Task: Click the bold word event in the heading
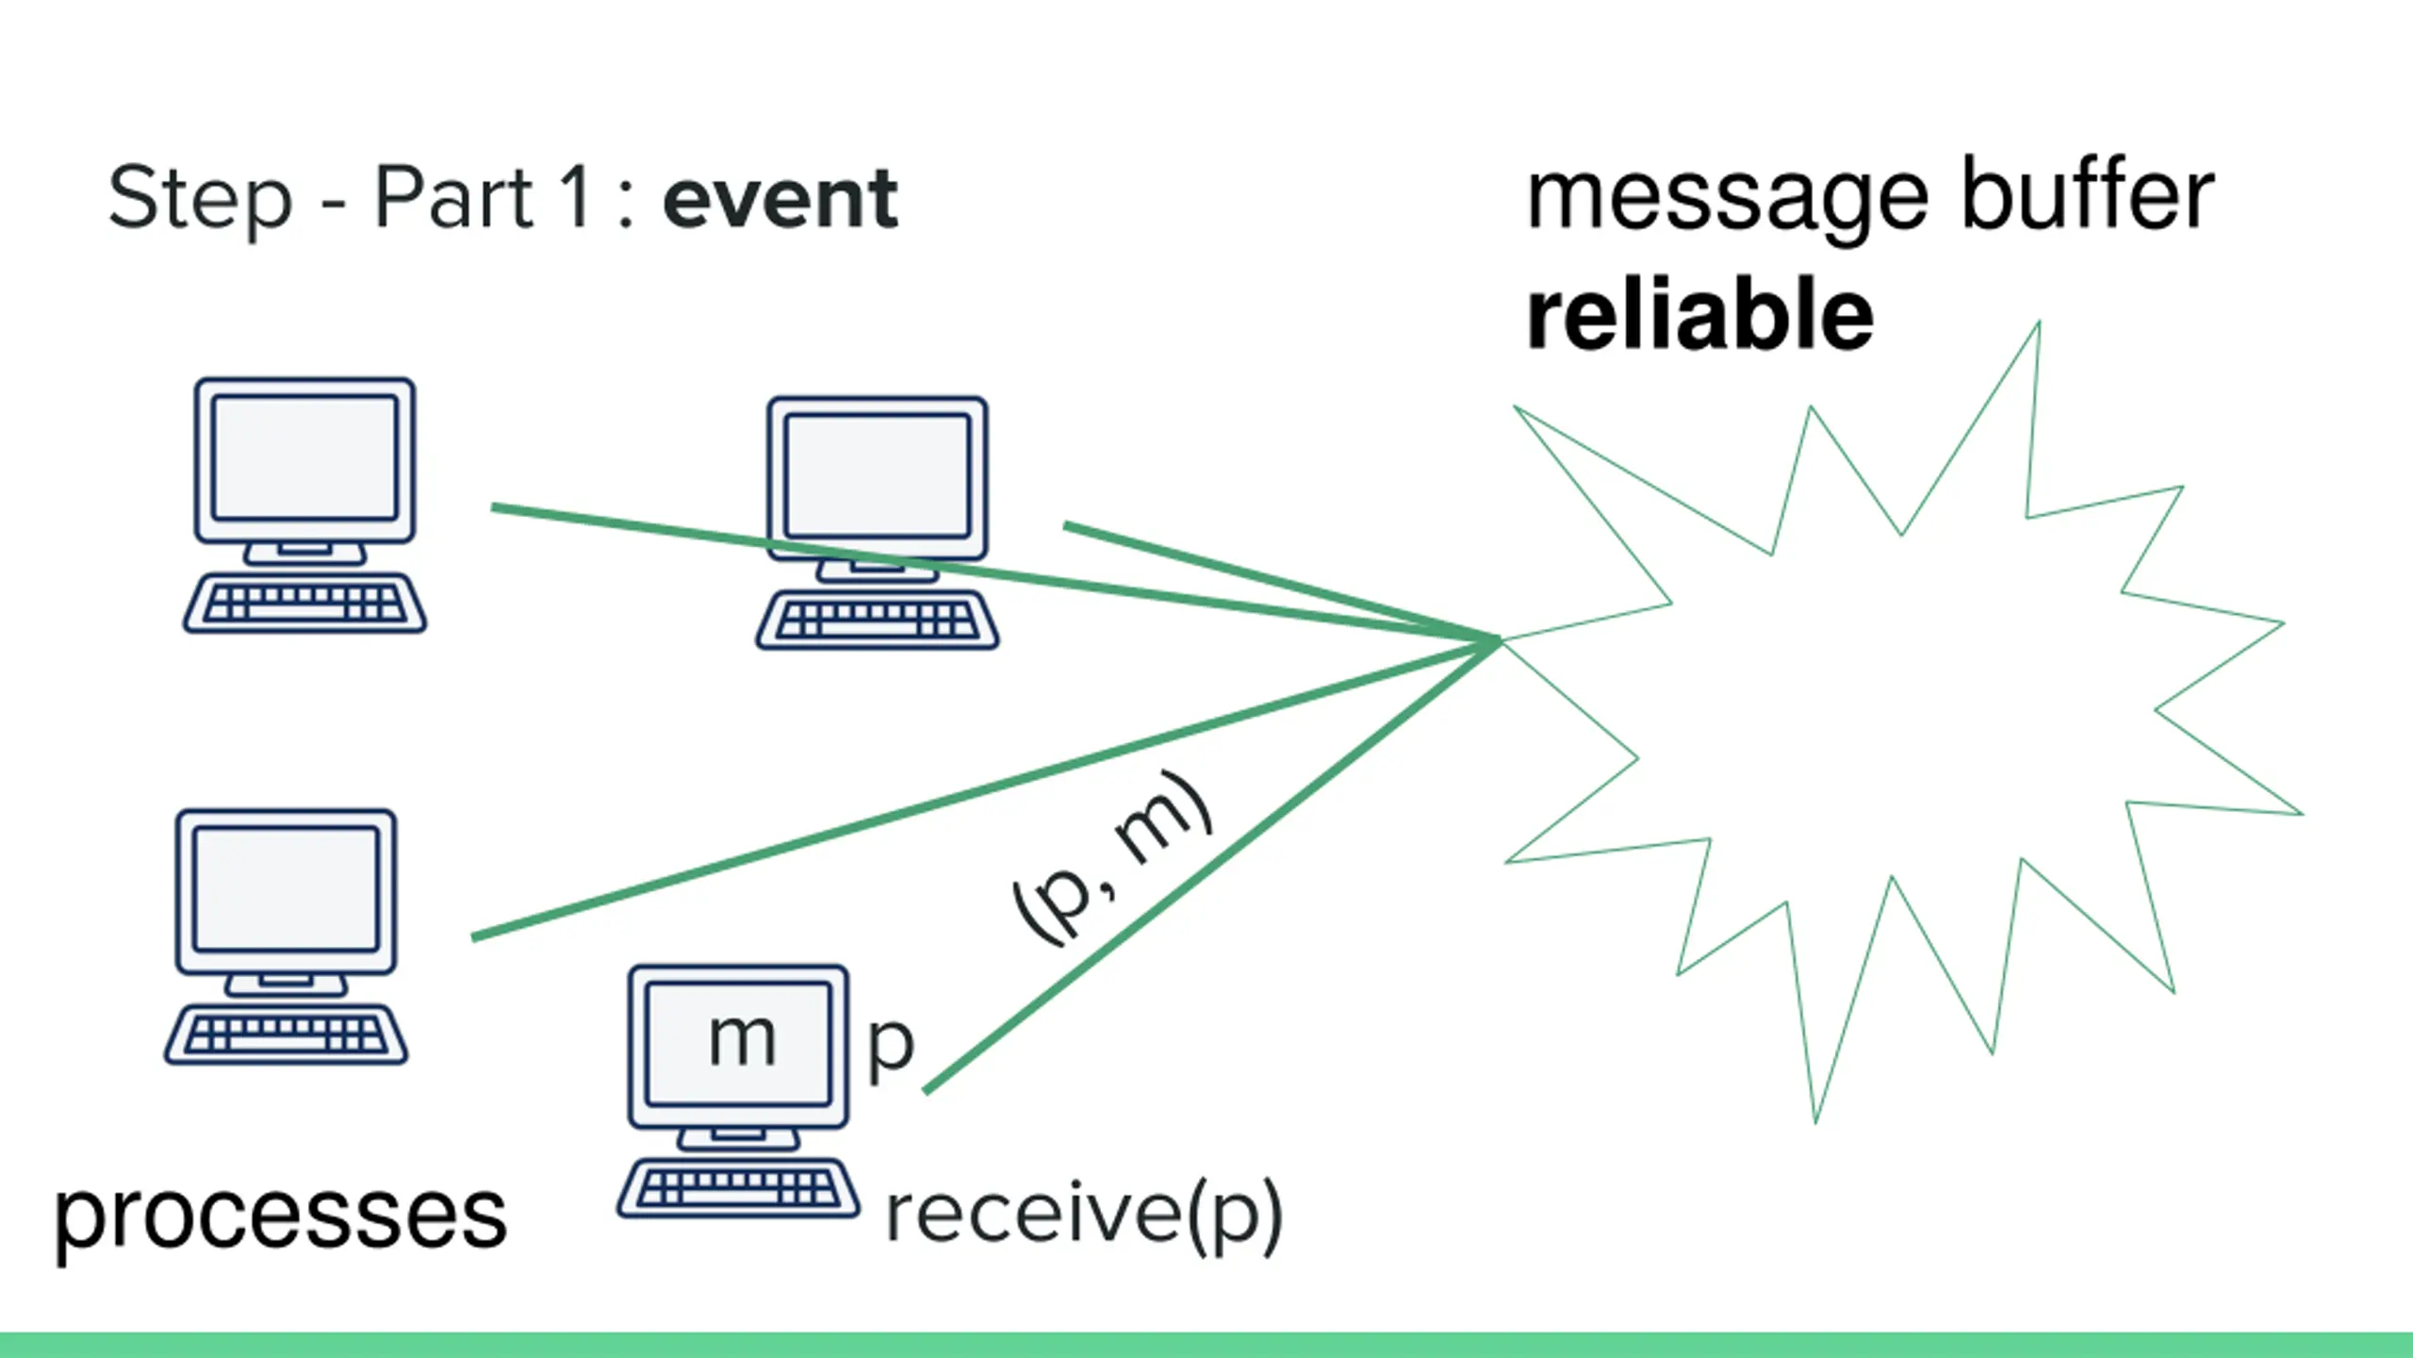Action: (780, 199)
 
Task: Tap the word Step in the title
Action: (201, 199)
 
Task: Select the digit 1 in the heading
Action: (574, 195)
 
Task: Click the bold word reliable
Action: (1699, 315)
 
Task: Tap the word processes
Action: (281, 1218)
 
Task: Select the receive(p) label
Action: (1085, 1216)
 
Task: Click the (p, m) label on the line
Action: (1112, 857)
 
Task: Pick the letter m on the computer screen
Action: (743, 1040)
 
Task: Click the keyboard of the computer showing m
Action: (739, 1188)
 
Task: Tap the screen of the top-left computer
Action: (304, 458)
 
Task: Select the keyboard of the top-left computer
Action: (304, 604)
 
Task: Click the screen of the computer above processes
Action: (286, 889)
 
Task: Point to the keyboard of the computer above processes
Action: (286, 1035)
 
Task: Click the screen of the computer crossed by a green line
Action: (878, 476)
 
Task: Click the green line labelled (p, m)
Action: (1211, 867)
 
